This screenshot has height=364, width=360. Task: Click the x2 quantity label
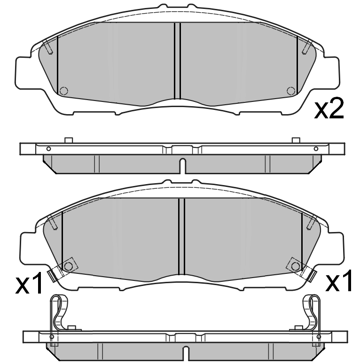pyautogui.click(x=329, y=108)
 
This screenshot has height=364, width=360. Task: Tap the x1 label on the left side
pyautogui.click(x=29, y=283)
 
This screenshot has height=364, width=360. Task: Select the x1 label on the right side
pyautogui.click(x=339, y=280)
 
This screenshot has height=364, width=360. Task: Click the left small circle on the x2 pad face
pyautogui.click(x=63, y=91)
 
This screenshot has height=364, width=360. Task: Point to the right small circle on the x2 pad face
pyautogui.click(x=291, y=91)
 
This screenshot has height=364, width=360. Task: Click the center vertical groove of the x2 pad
pyautogui.click(x=177, y=61)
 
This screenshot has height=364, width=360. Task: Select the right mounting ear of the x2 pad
pyautogui.click(x=331, y=72)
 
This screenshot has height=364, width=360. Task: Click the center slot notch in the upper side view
pyautogui.click(x=183, y=166)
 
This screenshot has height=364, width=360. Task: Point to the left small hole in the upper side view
pyautogui.click(x=48, y=148)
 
